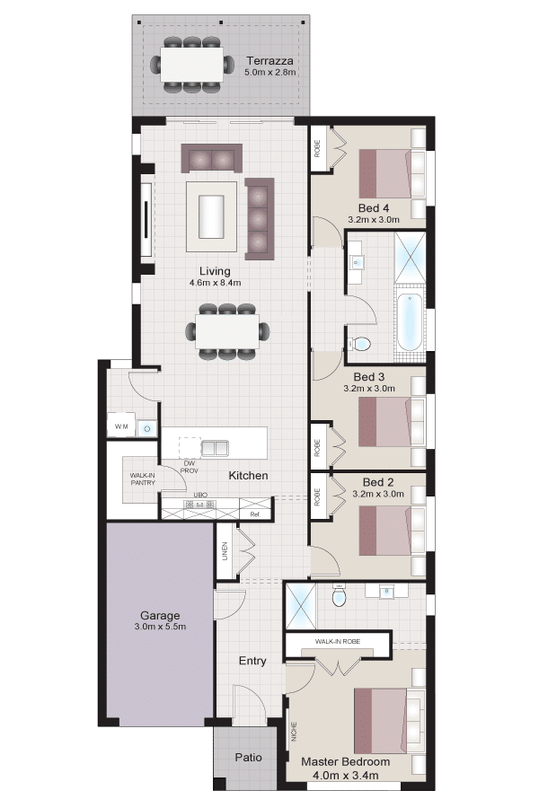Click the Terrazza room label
269,61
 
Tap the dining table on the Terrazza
192,64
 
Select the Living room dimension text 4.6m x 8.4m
215,283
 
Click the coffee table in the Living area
211,216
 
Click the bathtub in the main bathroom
410,321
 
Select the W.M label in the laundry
121,426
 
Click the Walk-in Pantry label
143,479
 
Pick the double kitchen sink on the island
215,448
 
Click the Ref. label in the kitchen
255,514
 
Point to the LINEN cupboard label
225,551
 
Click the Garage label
160,615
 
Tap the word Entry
252,661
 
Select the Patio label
248,758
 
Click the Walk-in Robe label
338,642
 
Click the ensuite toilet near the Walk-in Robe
339,597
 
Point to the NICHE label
294,731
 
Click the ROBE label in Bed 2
317,497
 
